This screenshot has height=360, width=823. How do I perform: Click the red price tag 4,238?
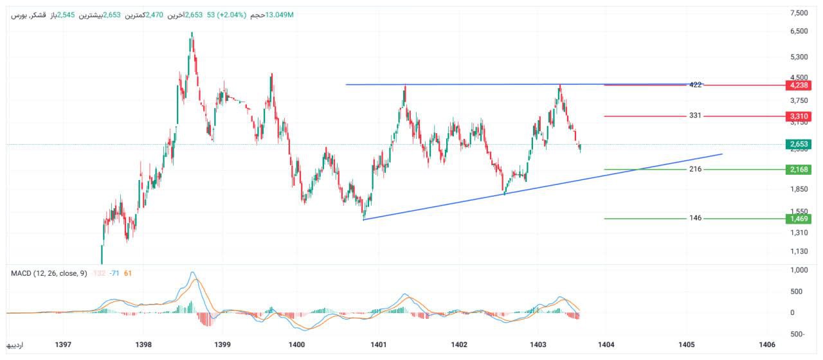click(x=798, y=85)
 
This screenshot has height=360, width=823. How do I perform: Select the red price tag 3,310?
click(x=798, y=116)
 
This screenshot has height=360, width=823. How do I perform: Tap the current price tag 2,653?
click(x=798, y=144)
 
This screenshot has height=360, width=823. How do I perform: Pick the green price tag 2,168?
click(x=798, y=169)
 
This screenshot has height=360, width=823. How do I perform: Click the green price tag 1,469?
click(x=798, y=219)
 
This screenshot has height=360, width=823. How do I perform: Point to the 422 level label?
click(x=695, y=85)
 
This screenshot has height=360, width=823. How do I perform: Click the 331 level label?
click(x=695, y=116)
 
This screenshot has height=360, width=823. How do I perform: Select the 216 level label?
click(x=695, y=169)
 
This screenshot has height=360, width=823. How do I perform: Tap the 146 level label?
click(x=695, y=218)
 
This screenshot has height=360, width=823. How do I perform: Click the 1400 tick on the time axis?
click(x=296, y=345)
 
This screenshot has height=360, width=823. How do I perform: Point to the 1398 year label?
click(x=143, y=345)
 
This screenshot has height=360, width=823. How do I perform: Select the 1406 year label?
click(x=766, y=345)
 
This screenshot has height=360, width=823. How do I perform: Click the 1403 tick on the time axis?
click(x=538, y=345)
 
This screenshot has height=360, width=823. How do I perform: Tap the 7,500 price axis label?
click(x=799, y=13)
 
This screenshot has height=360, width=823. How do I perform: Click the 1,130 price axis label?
click(x=799, y=251)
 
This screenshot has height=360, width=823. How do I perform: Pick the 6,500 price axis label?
click(x=799, y=31)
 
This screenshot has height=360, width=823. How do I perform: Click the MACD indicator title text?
click(x=49, y=274)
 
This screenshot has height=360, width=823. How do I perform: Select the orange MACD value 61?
click(x=128, y=274)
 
